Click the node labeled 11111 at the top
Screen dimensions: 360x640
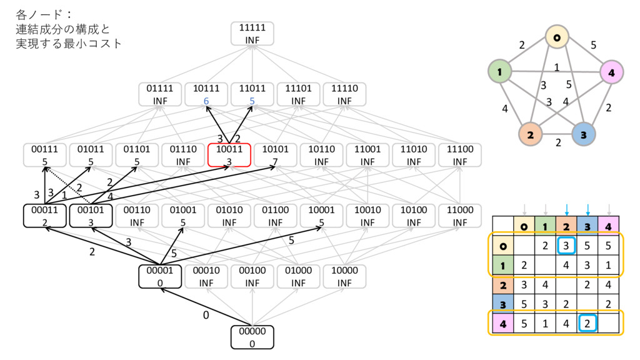point(252,33)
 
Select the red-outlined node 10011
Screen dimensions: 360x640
point(229,156)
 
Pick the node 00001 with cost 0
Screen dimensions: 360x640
point(160,277)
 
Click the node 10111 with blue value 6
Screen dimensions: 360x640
point(206,94)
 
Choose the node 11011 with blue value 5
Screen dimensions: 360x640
point(252,94)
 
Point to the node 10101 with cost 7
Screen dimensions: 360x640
point(275,156)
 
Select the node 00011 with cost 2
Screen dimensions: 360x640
point(44,216)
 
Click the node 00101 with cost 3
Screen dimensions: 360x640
point(91,216)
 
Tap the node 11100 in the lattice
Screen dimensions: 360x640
point(459,156)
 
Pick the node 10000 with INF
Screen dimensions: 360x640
point(344,277)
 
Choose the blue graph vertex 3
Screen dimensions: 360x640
point(582,134)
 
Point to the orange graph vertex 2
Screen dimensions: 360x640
point(529,134)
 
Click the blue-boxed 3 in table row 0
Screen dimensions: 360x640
point(566,245)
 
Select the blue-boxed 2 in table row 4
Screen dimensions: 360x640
point(587,323)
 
